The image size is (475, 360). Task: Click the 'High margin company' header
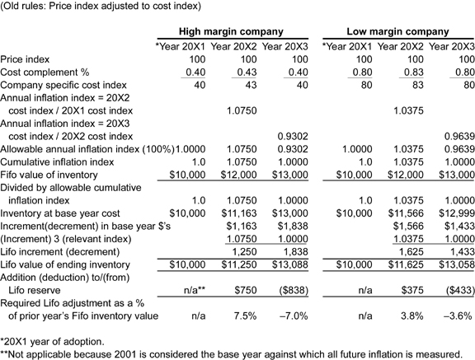(x=231, y=31)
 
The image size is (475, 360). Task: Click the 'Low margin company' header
(x=397, y=31)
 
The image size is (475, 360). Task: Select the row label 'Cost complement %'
(x=45, y=72)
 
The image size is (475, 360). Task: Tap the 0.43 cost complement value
(x=247, y=72)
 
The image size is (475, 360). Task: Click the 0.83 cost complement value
(x=413, y=72)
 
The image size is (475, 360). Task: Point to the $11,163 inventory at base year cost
(x=239, y=213)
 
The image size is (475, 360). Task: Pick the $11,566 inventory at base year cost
(x=406, y=213)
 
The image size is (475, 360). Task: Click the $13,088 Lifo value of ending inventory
(x=290, y=264)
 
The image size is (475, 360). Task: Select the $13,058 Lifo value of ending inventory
(x=457, y=264)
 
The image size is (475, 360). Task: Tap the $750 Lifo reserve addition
(x=246, y=291)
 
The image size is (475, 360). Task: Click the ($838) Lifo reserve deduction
(x=294, y=291)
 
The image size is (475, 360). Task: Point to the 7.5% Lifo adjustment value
(x=246, y=316)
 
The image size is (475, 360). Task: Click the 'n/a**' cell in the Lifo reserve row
(x=195, y=291)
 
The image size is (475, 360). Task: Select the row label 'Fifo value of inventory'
(x=49, y=175)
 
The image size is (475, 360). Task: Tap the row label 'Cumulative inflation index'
(x=57, y=162)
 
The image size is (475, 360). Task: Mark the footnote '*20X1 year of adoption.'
(x=52, y=342)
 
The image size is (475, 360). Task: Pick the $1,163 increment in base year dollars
(x=242, y=227)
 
